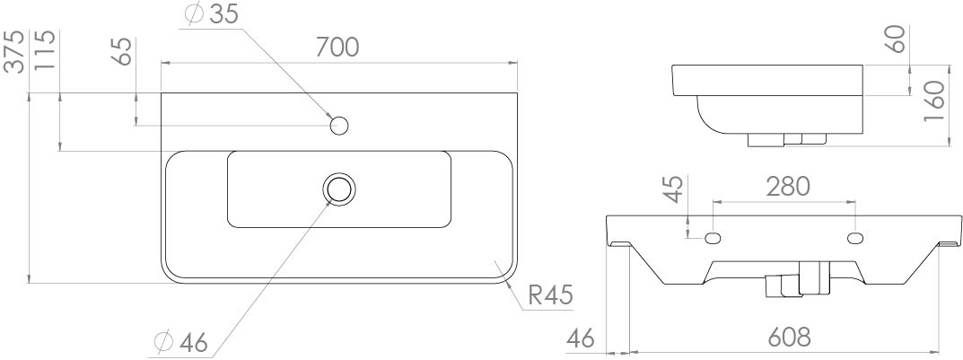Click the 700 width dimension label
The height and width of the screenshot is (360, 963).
[337, 47]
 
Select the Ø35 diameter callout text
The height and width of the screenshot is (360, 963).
[214, 15]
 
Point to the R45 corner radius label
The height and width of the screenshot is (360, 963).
[550, 295]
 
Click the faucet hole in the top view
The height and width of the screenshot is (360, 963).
[339, 126]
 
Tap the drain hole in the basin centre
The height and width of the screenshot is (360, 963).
[339, 189]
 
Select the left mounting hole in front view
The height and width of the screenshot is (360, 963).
[713, 238]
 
